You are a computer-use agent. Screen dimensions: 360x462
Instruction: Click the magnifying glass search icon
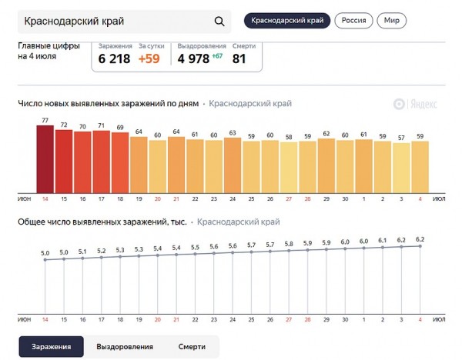(219, 22)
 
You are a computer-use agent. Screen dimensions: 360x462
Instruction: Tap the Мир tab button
(393, 21)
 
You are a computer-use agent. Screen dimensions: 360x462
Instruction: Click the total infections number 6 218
(115, 58)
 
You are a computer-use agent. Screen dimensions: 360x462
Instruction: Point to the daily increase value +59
(150, 58)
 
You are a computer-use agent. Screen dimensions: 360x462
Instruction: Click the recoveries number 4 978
(192, 58)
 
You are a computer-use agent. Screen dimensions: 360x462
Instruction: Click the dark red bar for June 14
(45, 158)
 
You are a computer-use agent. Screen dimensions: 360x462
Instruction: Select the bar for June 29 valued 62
(326, 164)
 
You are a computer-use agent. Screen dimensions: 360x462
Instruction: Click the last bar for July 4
(420, 165)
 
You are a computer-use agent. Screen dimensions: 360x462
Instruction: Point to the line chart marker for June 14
(45, 261)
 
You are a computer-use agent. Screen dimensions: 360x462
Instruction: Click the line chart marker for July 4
(420, 247)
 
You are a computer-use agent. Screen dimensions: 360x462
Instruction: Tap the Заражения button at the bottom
(51, 347)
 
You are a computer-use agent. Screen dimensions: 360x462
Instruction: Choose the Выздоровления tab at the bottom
(124, 347)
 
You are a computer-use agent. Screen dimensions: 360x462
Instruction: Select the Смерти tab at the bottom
(191, 347)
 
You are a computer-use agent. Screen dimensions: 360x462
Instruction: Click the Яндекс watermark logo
(416, 104)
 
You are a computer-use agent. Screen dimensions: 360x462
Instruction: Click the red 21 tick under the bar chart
(176, 199)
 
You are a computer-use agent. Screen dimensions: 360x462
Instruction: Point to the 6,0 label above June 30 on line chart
(345, 241)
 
